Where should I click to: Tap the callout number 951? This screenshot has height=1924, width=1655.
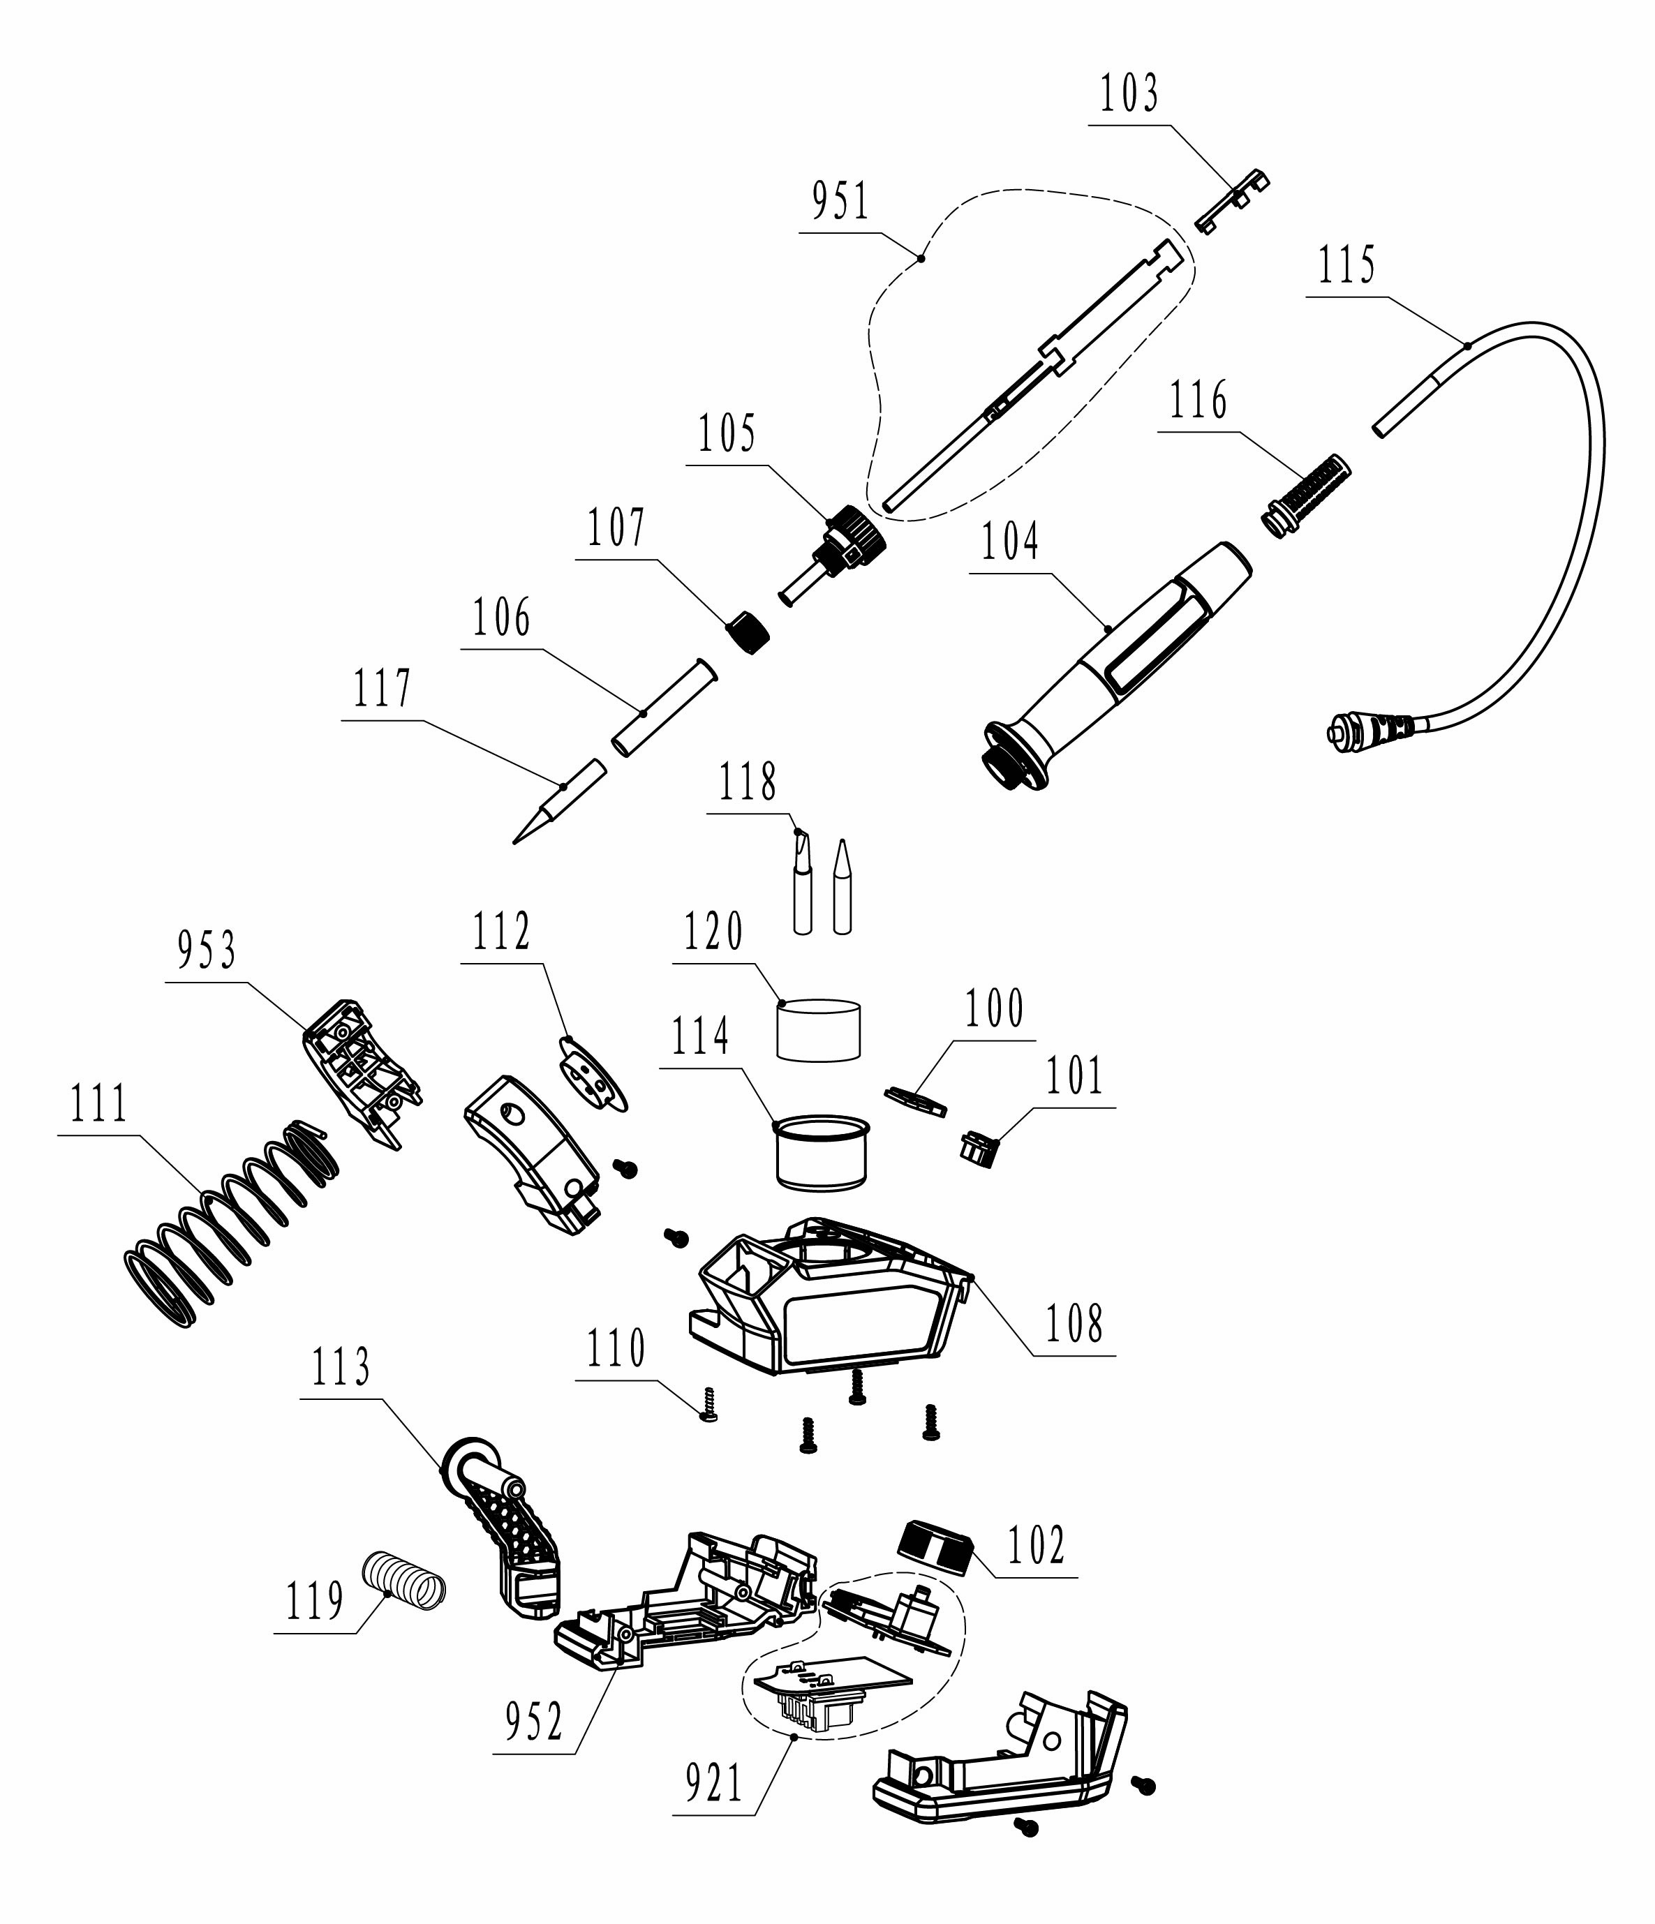coord(841,202)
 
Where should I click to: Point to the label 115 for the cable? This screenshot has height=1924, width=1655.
coord(1346,266)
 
